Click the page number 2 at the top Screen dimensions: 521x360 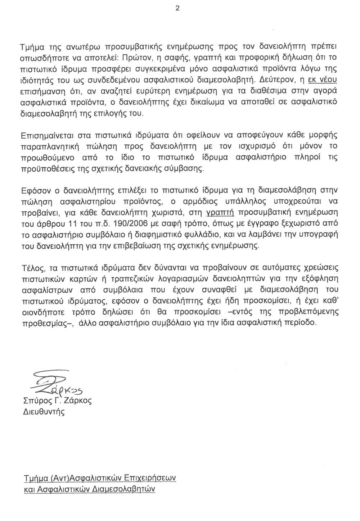(x=177, y=9)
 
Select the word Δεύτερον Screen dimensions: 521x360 (x=274, y=78)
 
